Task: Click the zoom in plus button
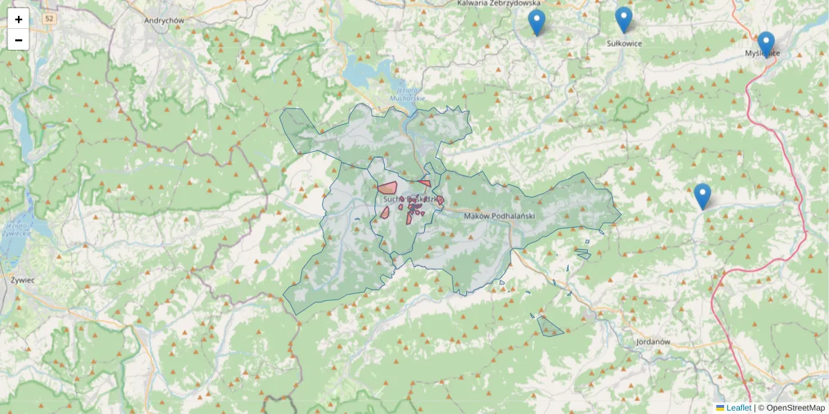(19, 19)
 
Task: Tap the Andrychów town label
(164, 21)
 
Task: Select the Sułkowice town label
(624, 43)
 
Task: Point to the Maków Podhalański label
(499, 216)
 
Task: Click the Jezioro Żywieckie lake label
(17, 230)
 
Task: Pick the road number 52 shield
(47, 19)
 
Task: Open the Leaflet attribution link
(739, 408)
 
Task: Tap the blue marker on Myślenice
(765, 44)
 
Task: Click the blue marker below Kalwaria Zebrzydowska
(537, 23)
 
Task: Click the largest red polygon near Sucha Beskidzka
(388, 187)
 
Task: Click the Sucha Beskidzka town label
(411, 199)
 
